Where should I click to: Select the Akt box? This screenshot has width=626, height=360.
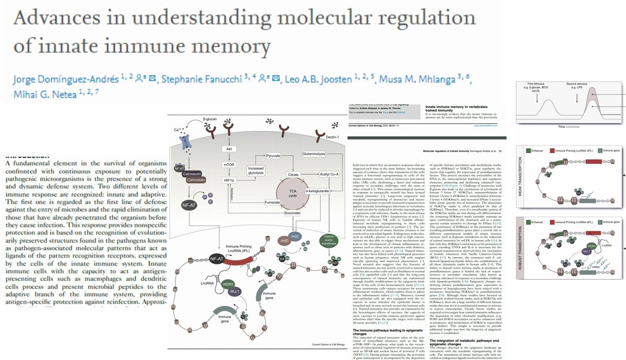click(228, 148)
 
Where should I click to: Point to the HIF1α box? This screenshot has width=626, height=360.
click(228, 181)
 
